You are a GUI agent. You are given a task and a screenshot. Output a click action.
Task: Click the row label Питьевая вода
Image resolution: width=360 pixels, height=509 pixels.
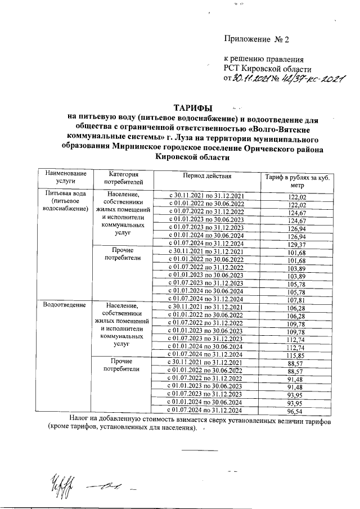coord(64,195)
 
